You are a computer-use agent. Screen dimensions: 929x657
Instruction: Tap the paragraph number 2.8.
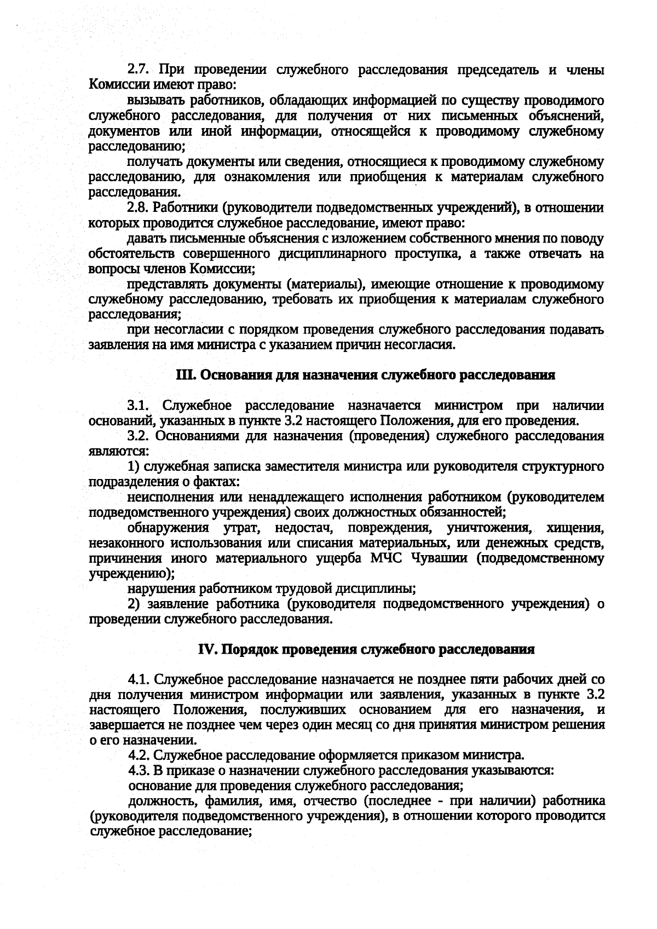click(x=139, y=208)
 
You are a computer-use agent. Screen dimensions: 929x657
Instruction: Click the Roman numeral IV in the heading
click(x=207, y=649)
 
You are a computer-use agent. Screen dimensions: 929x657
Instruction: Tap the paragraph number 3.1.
click(x=139, y=406)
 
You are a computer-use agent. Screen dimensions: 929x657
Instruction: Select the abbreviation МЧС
click(x=387, y=558)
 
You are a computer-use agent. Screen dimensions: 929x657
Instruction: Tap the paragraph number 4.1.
click(x=139, y=679)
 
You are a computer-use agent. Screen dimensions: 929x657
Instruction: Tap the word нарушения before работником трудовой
click(x=162, y=589)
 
